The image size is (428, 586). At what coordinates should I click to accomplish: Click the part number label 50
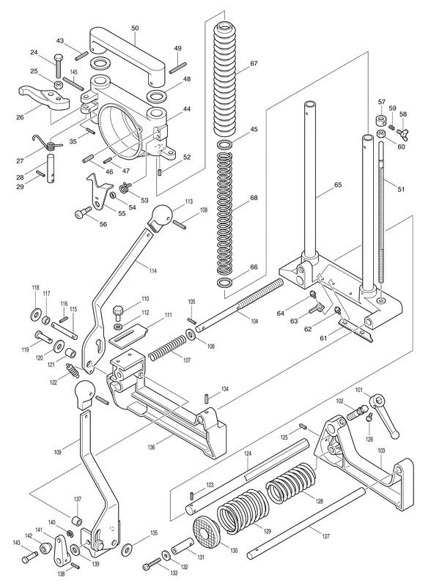click(135, 28)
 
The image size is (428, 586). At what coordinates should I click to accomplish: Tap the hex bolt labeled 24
click(58, 65)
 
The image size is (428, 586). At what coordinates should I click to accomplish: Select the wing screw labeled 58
click(403, 131)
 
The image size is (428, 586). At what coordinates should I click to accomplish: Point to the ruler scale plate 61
click(357, 329)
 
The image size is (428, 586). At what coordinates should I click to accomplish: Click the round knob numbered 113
click(161, 217)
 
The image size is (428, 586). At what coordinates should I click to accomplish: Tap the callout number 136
click(152, 447)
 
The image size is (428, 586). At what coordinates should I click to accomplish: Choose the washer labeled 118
click(36, 313)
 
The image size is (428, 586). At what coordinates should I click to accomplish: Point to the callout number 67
click(254, 63)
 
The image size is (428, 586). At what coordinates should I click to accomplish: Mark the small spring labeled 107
click(167, 347)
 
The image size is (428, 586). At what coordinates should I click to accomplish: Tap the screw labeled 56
click(83, 212)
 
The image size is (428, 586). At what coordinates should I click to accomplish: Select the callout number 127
click(325, 537)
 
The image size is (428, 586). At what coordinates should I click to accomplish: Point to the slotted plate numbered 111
click(128, 334)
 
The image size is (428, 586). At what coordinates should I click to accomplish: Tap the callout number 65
click(338, 185)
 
